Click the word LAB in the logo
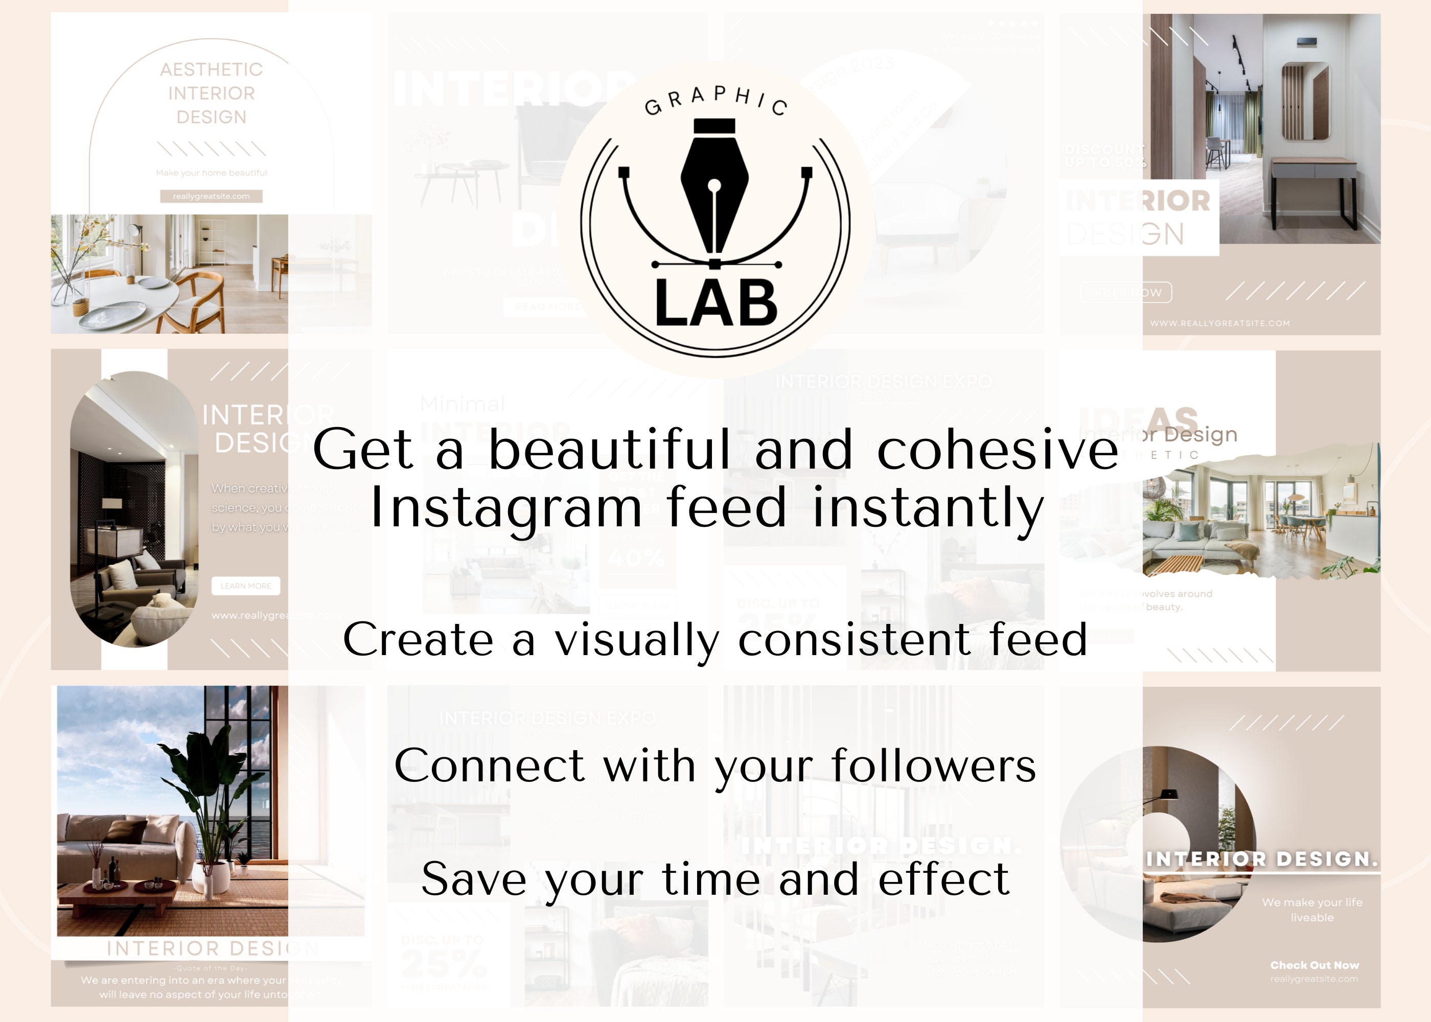(x=716, y=304)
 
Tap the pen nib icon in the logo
(x=714, y=189)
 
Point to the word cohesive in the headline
(x=998, y=449)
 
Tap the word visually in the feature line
(x=636, y=639)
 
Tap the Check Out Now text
(x=1314, y=965)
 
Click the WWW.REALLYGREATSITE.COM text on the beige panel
(x=1219, y=323)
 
